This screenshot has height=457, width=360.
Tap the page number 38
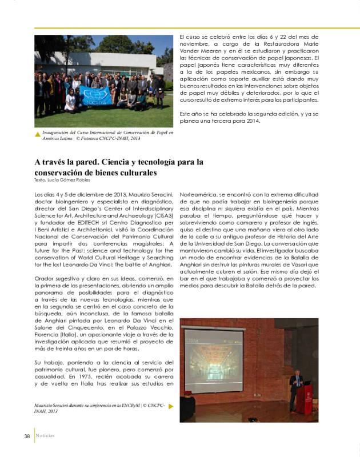27,436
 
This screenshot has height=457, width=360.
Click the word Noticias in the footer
45,436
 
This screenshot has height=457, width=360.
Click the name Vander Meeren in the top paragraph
197,50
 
